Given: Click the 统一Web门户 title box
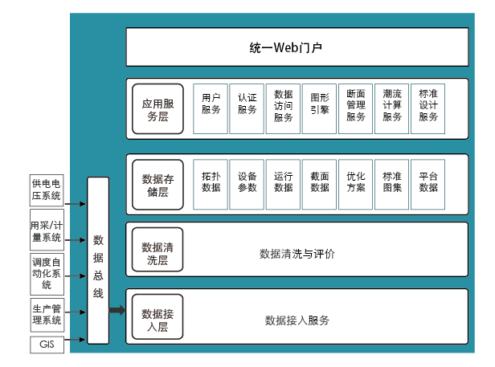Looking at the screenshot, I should tap(297, 47).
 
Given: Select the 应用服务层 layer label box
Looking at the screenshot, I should tap(157, 109).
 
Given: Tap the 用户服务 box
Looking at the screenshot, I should tap(211, 108).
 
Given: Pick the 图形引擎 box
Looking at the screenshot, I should tap(319, 108).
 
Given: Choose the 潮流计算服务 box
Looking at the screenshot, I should tap(392, 108).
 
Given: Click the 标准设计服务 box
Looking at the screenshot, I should tap(428, 108).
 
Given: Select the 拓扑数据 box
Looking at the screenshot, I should tap(211, 184).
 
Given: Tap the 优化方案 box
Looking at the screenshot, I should tap(356, 184).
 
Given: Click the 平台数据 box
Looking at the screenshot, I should tap(428, 184).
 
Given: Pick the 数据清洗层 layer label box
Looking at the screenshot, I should tap(157, 253).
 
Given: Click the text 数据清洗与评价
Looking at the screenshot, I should tap(297, 254).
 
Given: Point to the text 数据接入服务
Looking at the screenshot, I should tap(297, 320).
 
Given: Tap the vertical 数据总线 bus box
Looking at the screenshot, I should tap(98, 261).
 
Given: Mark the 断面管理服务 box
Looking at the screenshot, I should tap(356, 108).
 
